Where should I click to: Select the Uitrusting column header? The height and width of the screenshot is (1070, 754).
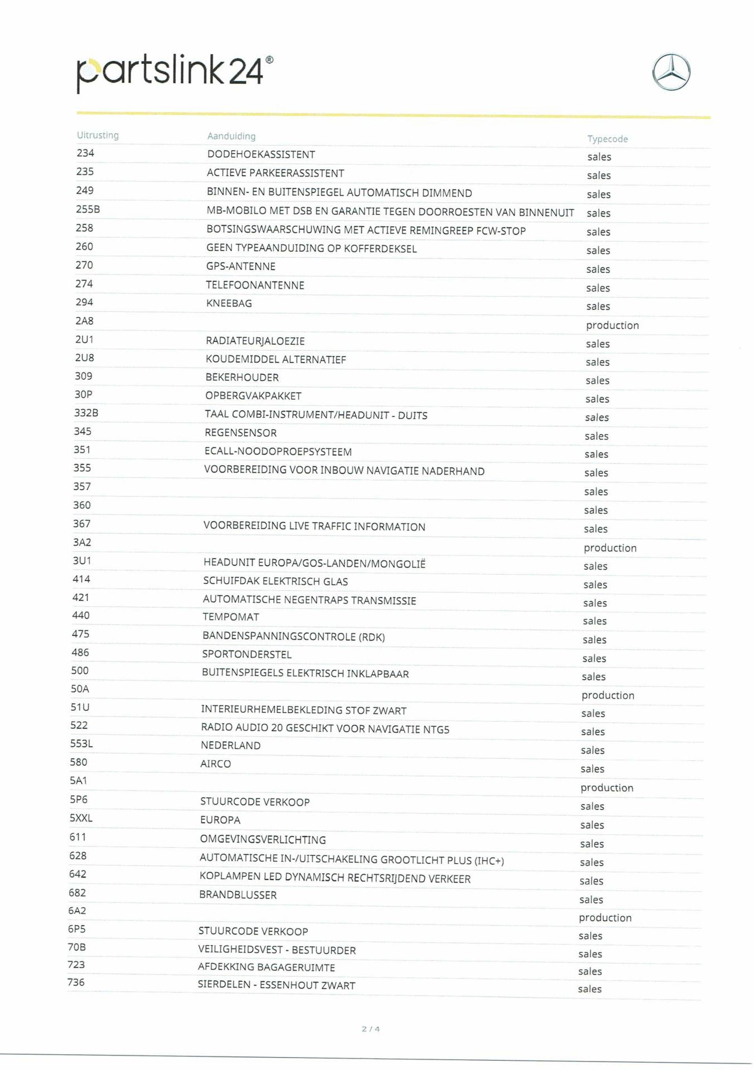[98, 135]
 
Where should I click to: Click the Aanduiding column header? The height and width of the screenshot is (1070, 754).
[231, 136]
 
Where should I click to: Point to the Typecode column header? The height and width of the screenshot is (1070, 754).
[607, 139]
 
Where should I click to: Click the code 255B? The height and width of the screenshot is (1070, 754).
[88, 209]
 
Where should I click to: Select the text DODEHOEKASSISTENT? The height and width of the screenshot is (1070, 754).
[261, 154]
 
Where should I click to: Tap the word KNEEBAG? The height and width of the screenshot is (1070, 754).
[229, 304]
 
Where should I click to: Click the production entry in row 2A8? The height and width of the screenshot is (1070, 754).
[612, 325]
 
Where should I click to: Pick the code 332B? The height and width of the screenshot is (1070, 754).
[86, 413]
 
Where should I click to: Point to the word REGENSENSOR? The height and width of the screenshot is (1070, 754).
[240, 433]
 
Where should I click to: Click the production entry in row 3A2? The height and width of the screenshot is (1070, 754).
[609, 548]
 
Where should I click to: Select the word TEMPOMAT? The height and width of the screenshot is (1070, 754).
[231, 617]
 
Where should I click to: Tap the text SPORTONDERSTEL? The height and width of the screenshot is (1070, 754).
[247, 654]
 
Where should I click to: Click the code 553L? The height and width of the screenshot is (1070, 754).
[82, 743]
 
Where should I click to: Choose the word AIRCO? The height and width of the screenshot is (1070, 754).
[215, 764]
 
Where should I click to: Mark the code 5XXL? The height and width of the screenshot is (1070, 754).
[81, 818]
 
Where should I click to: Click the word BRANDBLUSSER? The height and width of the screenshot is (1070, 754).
[238, 895]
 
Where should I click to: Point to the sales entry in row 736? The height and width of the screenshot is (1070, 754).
[589, 989]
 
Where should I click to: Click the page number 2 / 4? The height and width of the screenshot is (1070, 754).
[370, 1029]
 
